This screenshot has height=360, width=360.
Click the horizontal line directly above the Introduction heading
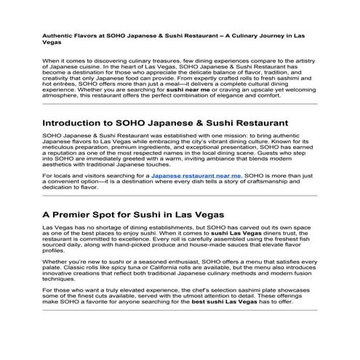pyautogui.click(x=180, y=103)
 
